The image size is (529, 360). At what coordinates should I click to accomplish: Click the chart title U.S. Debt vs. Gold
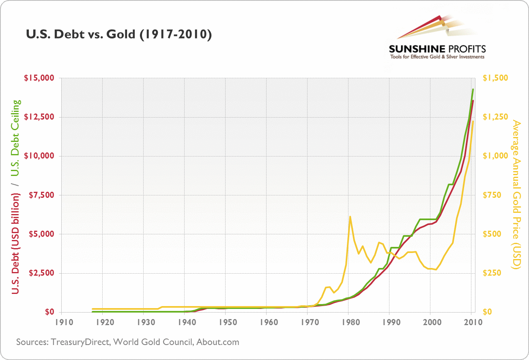point(118,35)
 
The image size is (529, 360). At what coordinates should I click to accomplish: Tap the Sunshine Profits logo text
point(437,49)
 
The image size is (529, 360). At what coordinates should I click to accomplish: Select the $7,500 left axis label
point(39,195)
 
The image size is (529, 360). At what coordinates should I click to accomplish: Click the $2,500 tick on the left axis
point(39,273)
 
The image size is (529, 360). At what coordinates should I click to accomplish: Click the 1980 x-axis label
point(348,323)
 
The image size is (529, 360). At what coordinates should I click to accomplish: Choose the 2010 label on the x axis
point(471,323)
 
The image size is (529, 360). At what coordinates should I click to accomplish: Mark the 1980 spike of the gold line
point(350,217)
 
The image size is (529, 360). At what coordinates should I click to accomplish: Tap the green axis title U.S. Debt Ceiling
point(15,138)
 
